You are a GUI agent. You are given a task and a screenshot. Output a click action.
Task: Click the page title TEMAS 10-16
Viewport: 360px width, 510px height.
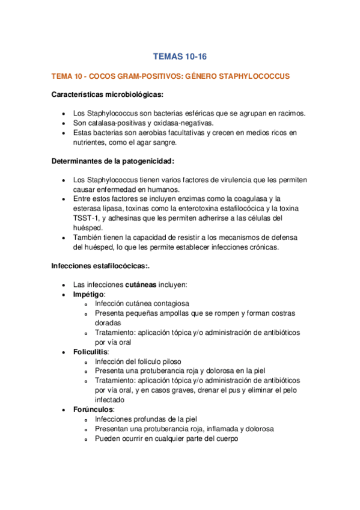pos(180,57)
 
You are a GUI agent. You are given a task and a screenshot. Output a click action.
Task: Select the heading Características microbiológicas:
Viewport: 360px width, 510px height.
pos(108,94)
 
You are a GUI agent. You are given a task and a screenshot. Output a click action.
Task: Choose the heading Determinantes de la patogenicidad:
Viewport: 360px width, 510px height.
pos(114,161)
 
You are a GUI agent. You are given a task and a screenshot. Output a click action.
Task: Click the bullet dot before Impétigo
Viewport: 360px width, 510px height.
pos(64,295)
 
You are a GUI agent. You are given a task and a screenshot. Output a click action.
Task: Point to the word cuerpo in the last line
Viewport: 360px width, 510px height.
pos(225,439)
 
